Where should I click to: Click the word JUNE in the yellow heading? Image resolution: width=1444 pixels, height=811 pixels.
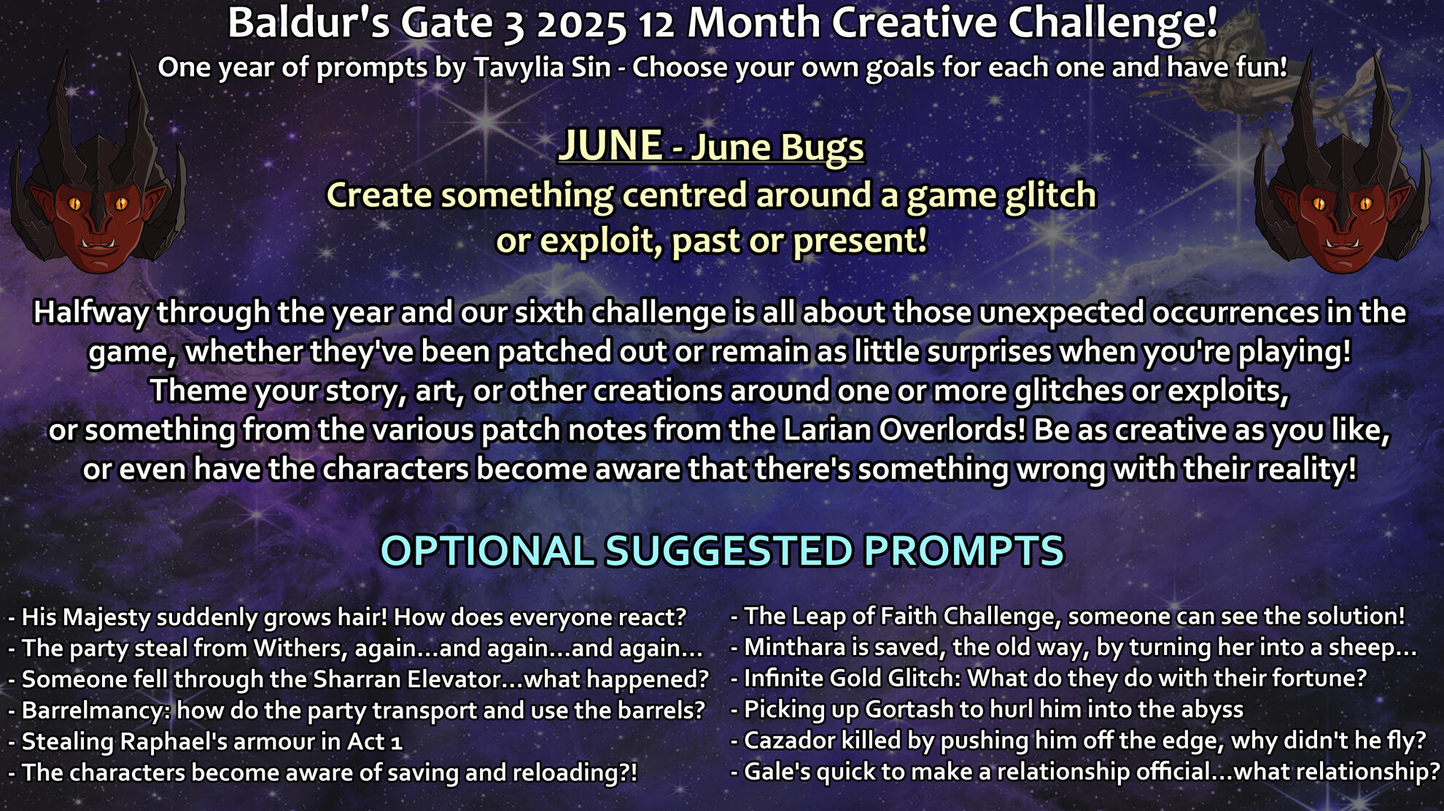click(610, 146)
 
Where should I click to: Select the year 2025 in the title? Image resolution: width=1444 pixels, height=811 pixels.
click(581, 24)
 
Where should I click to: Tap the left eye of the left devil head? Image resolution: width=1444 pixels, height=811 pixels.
click(75, 203)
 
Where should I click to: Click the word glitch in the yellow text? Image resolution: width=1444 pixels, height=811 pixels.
click(1049, 196)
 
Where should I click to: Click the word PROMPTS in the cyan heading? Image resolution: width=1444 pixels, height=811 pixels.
click(963, 551)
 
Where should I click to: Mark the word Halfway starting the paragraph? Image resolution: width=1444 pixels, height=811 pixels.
click(91, 313)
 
